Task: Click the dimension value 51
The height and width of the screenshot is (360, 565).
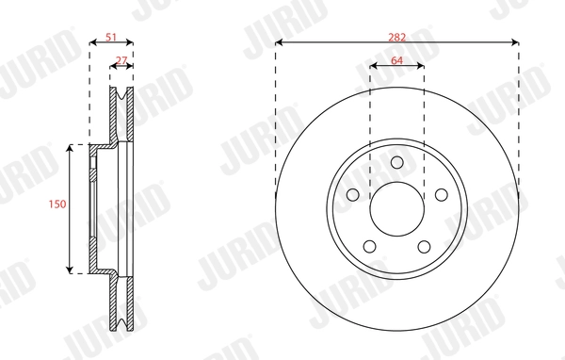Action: (x=111, y=37)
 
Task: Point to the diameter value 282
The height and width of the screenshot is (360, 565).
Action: (x=396, y=37)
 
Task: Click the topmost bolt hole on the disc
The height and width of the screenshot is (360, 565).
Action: (x=396, y=161)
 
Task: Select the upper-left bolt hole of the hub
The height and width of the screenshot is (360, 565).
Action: (x=353, y=194)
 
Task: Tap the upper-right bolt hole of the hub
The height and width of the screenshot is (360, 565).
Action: (x=440, y=194)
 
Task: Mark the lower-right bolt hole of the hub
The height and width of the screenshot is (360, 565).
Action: (x=424, y=245)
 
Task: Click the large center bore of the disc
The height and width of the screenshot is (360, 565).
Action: (x=396, y=208)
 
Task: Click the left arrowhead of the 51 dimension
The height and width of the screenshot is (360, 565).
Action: (x=91, y=42)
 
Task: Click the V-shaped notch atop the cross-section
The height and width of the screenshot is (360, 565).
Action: (x=122, y=95)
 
